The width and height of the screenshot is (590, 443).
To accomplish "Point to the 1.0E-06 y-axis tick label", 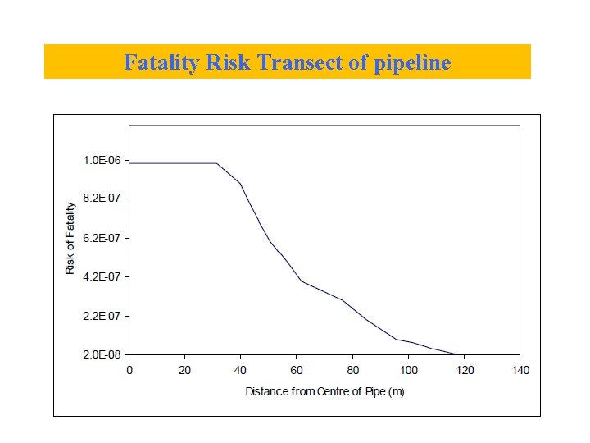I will [x=102, y=160].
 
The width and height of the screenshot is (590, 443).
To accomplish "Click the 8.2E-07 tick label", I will [x=102, y=199].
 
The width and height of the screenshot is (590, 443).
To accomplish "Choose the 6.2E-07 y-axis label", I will [x=102, y=238].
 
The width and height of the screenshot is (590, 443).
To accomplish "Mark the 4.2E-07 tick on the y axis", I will [x=102, y=276].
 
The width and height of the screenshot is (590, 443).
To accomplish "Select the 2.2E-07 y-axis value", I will [x=102, y=316].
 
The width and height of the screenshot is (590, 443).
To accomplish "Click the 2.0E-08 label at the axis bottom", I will [x=102, y=354].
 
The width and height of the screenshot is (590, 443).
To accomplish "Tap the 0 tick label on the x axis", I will [x=129, y=370].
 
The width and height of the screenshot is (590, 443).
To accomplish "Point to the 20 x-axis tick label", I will [x=184, y=370].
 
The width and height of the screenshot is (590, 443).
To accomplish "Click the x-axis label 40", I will [x=240, y=370].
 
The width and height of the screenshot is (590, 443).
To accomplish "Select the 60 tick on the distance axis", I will [x=297, y=370].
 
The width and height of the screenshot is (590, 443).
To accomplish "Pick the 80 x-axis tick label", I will [x=352, y=370].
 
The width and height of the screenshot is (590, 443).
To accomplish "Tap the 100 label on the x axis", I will [x=408, y=370].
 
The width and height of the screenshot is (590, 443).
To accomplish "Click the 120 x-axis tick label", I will [x=464, y=370].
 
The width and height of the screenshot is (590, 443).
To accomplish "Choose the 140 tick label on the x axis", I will [x=520, y=370].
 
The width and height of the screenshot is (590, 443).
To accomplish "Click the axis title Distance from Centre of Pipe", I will [x=324, y=391].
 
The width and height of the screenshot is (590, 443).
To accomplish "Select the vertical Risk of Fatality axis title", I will [x=70, y=238].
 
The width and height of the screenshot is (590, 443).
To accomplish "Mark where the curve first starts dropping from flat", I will [x=217, y=163].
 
